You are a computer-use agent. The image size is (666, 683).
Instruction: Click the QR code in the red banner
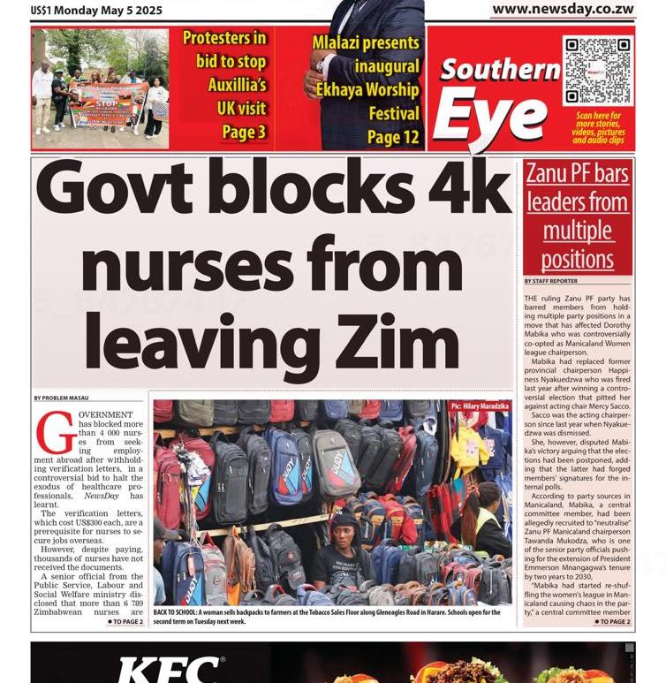click(x=597, y=70)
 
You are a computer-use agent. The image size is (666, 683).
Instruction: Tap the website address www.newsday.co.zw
click(x=563, y=9)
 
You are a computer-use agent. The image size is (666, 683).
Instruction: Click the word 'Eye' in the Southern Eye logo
click(x=491, y=114)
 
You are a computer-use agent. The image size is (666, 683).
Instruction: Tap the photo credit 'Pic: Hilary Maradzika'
click(x=479, y=406)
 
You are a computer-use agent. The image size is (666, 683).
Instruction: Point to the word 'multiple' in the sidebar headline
click(x=577, y=231)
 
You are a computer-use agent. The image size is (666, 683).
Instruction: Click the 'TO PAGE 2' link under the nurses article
click(x=125, y=622)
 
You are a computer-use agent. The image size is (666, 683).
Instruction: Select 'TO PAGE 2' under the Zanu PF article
click(x=611, y=622)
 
